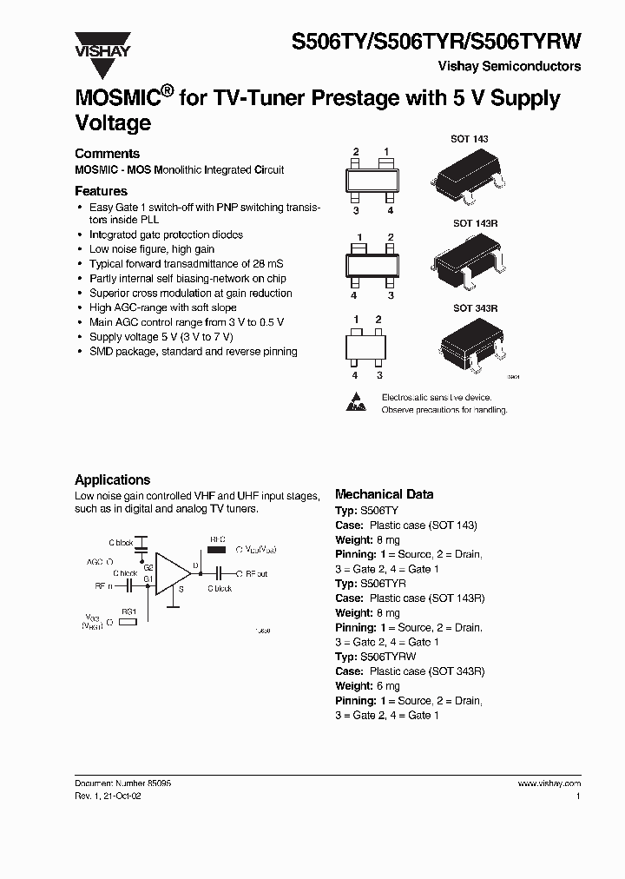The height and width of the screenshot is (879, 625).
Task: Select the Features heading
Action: pyautogui.click(x=101, y=191)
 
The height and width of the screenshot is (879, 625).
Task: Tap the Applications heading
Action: pyautogui.click(x=112, y=479)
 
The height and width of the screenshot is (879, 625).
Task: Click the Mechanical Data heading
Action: pyautogui.click(x=384, y=494)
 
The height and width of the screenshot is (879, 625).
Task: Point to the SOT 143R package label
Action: pyautogui.click(x=475, y=223)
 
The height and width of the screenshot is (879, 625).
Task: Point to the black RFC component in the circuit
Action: pyautogui.click(x=217, y=549)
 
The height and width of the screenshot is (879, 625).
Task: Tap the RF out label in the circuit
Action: pyautogui.click(x=256, y=573)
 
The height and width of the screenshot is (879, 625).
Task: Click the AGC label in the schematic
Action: pyautogui.click(x=94, y=561)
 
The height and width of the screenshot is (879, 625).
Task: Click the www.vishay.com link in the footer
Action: pyautogui.click(x=549, y=783)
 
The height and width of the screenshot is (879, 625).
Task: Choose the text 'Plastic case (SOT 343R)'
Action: pyautogui.click(x=426, y=671)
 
